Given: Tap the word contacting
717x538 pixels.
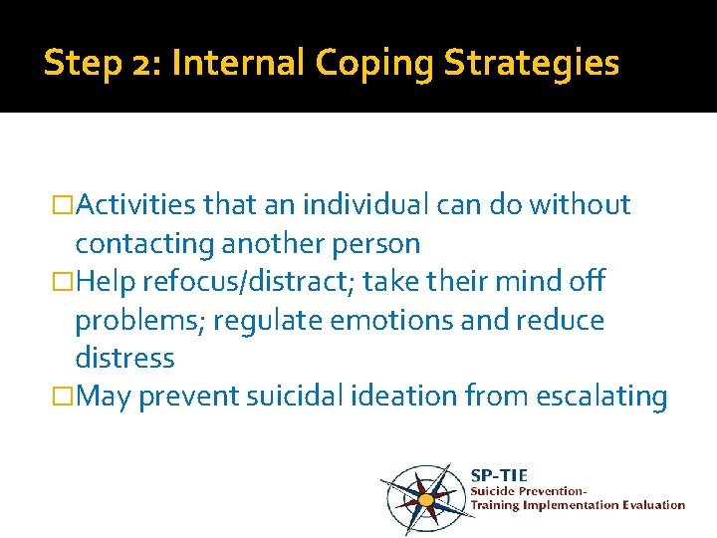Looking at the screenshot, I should (138, 243).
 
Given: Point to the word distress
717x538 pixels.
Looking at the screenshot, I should (124, 358).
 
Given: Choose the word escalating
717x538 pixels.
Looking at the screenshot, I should (601, 397).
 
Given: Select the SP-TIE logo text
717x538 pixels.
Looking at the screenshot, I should (499, 475).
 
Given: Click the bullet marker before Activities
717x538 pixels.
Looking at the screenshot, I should (67, 206).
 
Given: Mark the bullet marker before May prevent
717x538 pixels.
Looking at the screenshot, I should (67, 398).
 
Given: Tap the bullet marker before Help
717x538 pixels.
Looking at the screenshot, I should (67, 283).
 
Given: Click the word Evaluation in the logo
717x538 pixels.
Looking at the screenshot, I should (652, 505).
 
